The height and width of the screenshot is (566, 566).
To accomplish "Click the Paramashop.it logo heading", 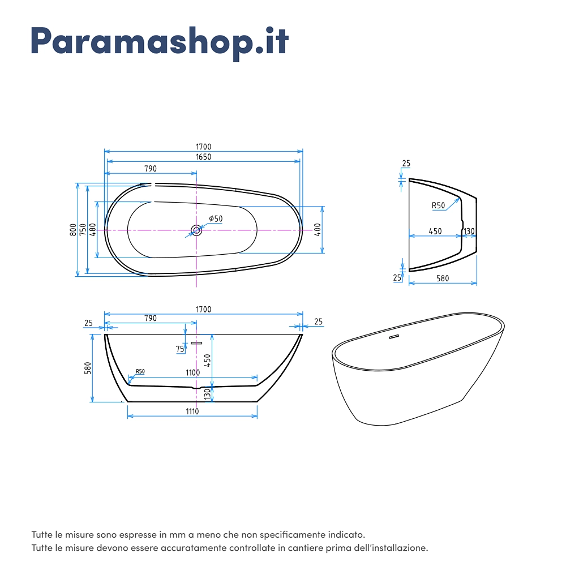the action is click(x=160, y=42).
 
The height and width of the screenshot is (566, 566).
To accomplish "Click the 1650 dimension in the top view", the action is click(x=204, y=157).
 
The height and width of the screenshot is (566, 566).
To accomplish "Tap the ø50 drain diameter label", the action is click(x=216, y=218).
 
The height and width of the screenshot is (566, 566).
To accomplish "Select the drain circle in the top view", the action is click(x=196, y=230).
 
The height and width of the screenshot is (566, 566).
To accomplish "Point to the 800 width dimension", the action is click(x=73, y=230).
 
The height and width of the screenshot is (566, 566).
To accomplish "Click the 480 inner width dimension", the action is click(x=93, y=230).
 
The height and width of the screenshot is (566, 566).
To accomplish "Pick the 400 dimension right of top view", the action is click(x=318, y=230).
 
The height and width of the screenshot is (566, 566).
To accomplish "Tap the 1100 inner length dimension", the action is click(x=193, y=372).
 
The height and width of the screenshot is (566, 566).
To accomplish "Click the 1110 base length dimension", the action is click(x=192, y=411).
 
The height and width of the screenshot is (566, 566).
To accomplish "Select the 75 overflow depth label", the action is click(x=180, y=349).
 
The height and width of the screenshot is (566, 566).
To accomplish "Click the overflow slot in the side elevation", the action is click(x=196, y=343).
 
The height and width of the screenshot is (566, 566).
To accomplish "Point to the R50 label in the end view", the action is click(x=438, y=205).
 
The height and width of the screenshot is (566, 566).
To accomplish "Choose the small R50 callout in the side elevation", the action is click(x=140, y=371).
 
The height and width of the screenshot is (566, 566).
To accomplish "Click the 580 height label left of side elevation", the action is click(x=88, y=368).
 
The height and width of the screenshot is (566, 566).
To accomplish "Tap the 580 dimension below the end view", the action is click(x=443, y=278).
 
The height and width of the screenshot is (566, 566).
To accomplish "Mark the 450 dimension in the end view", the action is click(x=435, y=231).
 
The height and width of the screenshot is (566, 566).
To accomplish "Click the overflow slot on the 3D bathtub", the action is click(x=394, y=337).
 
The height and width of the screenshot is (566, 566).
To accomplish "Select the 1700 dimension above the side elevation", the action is click(x=204, y=310).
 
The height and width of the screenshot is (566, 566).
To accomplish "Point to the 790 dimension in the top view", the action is click(x=151, y=169).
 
